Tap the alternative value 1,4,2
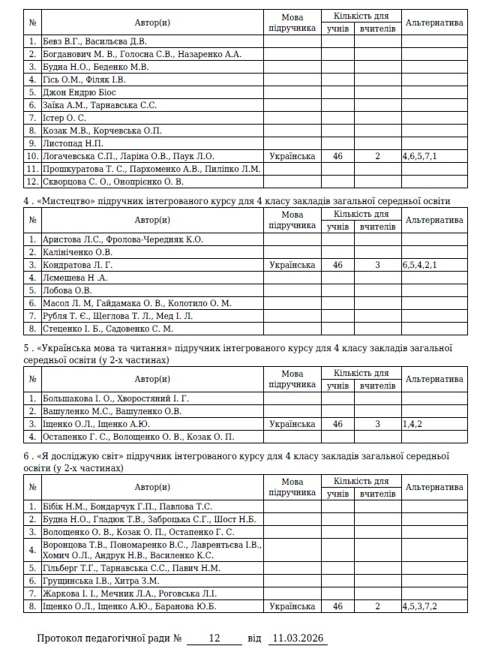[412, 424]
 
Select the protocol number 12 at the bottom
[214, 638]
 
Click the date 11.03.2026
[298, 638]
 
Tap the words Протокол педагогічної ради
[105, 638]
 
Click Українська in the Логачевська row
[292, 156]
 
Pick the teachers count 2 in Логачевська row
[378, 156]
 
